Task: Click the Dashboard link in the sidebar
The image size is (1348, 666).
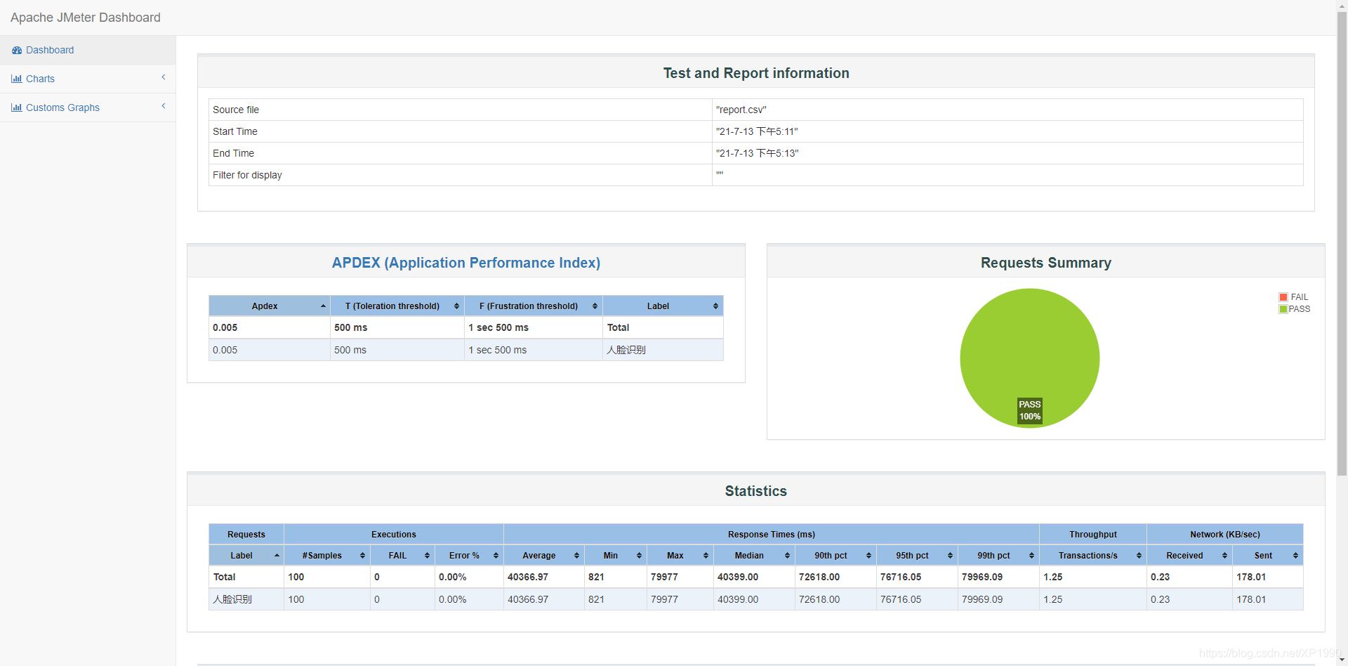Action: pos(49,50)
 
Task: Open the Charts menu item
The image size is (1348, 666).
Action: pos(40,79)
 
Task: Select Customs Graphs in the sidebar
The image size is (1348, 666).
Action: pos(62,107)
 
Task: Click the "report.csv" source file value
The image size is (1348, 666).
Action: pos(741,110)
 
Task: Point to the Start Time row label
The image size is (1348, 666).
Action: pos(235,131)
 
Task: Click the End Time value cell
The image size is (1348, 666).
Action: pos(757,153)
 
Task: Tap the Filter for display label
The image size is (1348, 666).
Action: pos(247,175)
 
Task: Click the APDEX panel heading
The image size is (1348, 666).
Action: pos(465,263)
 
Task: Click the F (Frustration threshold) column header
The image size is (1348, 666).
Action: pos(528,306)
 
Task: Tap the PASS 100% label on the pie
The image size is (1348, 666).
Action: pos(1030,410)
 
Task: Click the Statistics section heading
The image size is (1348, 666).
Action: pos(755,491)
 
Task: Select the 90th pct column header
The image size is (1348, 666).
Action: pos(831,556)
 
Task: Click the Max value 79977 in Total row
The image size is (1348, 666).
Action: pos(664,577)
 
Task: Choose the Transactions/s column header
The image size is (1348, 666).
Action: pos(1088,556)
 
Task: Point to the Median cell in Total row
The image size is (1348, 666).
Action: pos(737,577)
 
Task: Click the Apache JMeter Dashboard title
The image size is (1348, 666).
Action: pos(86,18)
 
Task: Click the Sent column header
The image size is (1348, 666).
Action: pos(1263,556)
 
